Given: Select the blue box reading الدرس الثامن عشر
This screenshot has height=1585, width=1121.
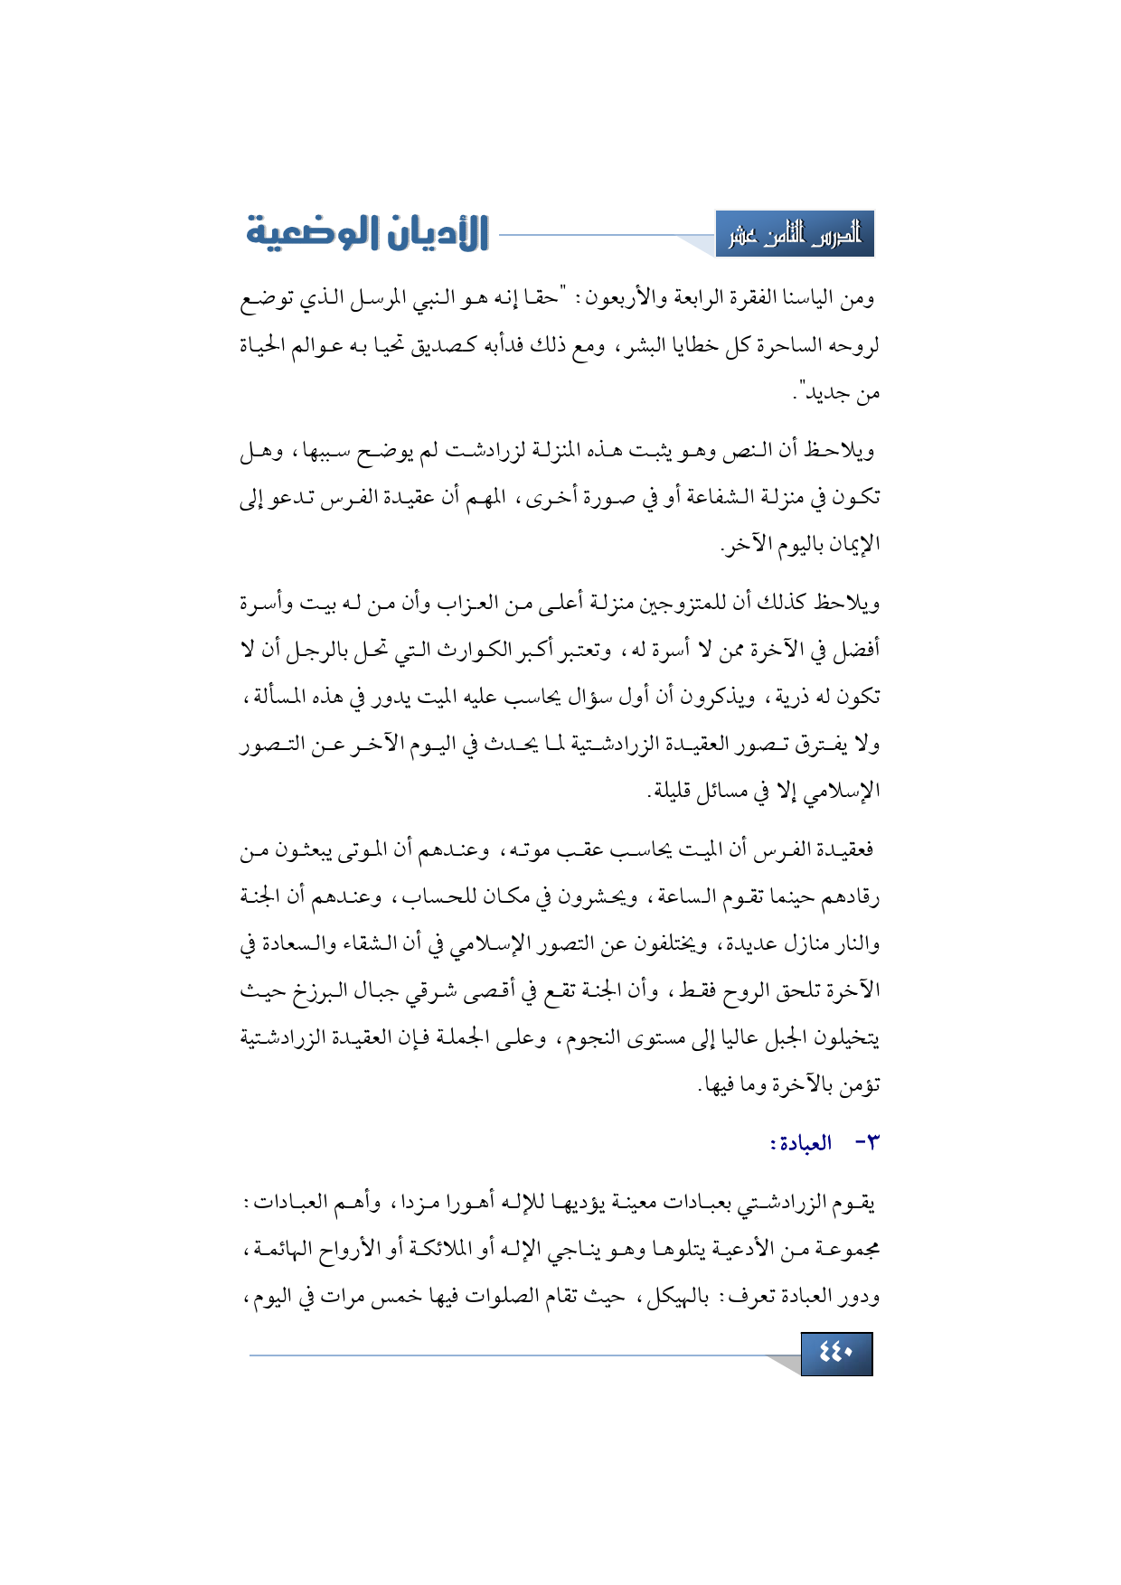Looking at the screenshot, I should (x=795, y=235).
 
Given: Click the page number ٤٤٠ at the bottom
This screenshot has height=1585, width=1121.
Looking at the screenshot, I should (x=836, y=1354).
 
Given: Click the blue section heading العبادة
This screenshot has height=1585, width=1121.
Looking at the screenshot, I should (x=800, y=1143).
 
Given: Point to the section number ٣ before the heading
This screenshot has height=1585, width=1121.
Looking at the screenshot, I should (x=865, y=1143).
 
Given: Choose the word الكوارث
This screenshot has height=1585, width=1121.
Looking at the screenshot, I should (x=481, y=650).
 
